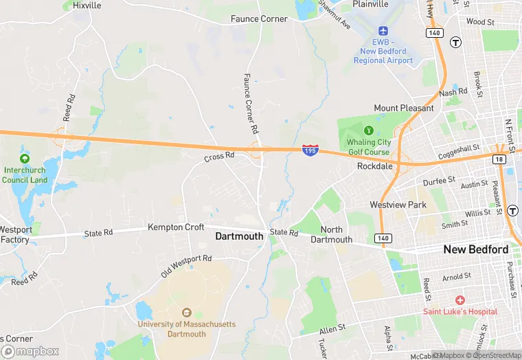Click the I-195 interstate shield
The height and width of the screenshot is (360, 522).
coord(309,150)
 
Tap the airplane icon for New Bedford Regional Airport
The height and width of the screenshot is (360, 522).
coord(383,32)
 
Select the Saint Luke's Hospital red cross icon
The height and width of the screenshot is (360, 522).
coord(459,300)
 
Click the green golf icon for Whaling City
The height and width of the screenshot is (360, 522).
coord(369,130)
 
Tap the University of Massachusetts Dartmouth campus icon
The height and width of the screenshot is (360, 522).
coord(186,313)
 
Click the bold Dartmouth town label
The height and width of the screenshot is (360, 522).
coord(239,236)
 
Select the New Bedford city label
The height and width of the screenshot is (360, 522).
coord(476,249)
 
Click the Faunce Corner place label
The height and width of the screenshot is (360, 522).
coord(260,19)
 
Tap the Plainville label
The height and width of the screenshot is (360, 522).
coord(371,4)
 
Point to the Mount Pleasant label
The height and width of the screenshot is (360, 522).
coord(404,108)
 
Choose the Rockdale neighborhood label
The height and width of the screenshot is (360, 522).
coord(374,166)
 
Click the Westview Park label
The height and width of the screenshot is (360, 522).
coord(398,205)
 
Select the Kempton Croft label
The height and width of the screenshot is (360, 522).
coord(176,227)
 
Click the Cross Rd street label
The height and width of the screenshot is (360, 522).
coord(219,157)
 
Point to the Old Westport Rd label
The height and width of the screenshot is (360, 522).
coord(186,266)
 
